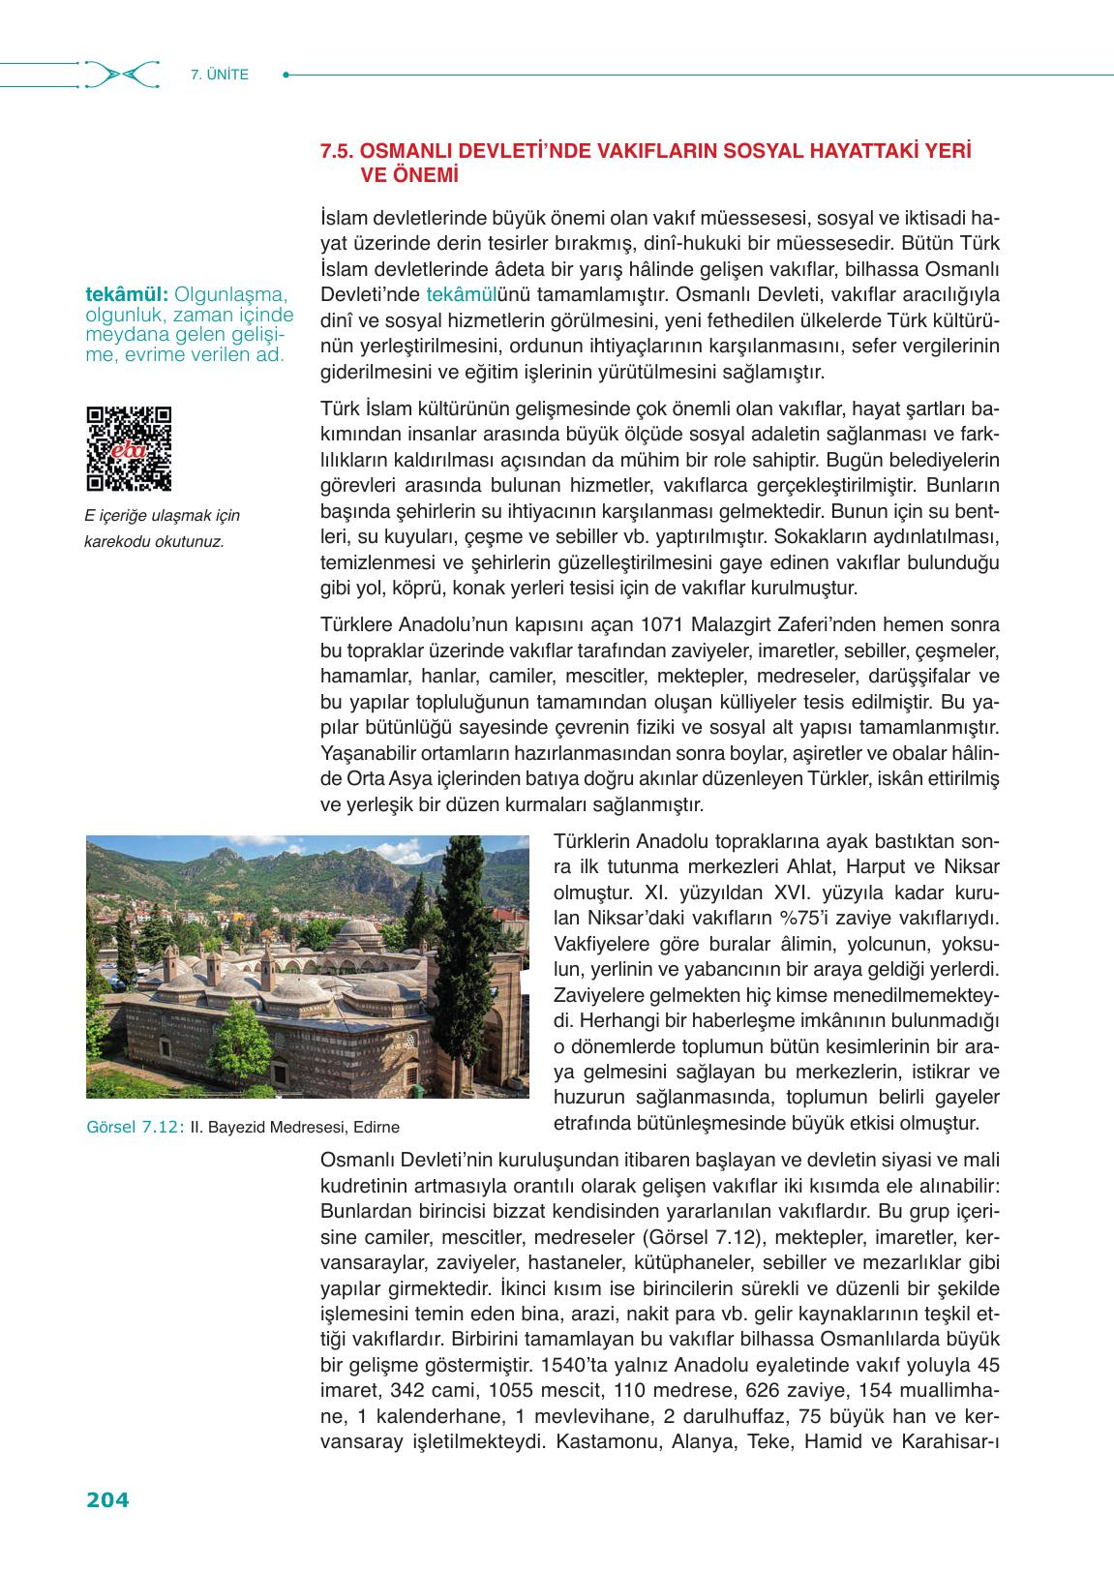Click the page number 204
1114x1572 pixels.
[x=107, y=1500]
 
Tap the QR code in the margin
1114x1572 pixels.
[x=129, y=448]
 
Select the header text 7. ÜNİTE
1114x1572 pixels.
[x=221, y=75]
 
